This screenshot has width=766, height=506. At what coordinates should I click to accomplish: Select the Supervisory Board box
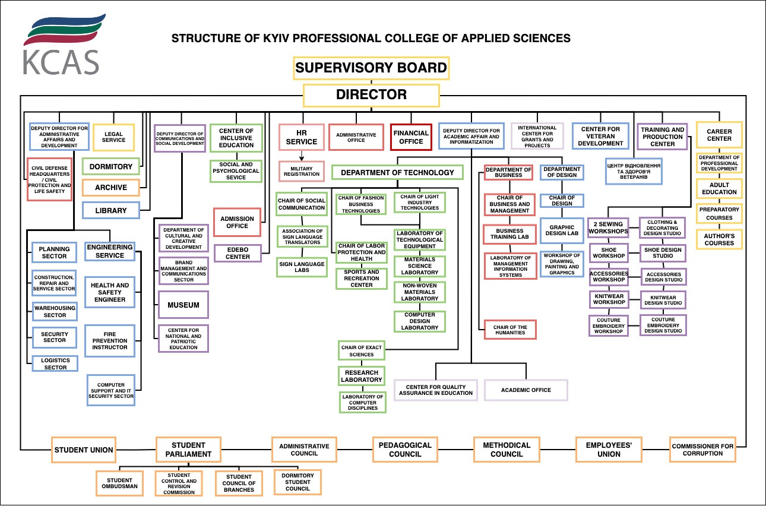(371, 68)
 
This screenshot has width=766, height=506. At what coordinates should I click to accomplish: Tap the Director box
(371, 95)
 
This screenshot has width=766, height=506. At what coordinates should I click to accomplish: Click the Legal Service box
(113, 137)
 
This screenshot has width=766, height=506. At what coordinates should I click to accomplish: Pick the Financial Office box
(411, 138)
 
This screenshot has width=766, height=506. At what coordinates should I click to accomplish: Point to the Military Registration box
(302, 171)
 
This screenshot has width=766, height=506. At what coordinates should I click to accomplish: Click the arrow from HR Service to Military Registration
(302, 156)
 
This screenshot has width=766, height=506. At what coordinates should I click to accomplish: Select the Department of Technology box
(397, 173)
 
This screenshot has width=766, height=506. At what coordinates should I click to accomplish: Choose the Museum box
(183, 305)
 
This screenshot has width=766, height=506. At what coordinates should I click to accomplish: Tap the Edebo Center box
(238, 253)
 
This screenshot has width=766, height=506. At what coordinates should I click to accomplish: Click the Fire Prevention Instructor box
(109, 341)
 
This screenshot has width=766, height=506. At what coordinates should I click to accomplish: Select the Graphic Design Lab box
(562, 230)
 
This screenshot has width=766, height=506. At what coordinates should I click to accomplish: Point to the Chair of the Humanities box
(510, 330)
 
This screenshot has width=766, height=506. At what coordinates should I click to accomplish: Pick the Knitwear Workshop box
(609, 299)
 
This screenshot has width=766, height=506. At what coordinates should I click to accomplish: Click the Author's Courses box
(719, 239)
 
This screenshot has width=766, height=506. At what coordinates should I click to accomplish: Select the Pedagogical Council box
(406, 450)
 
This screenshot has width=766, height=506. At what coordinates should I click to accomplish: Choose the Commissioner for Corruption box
(702, 450)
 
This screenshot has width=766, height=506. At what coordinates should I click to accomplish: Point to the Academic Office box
(526, 390)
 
